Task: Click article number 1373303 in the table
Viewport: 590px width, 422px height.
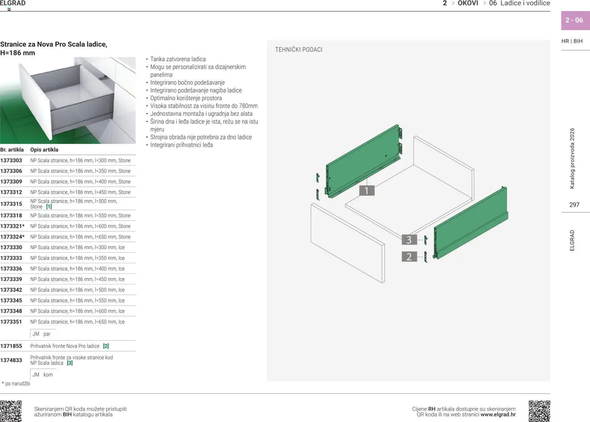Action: coord(11,160)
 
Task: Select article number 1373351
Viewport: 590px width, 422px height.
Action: coord(11,322)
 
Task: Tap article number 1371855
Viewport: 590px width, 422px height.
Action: coord(11,346)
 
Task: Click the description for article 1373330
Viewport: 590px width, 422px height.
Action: coord(77,248)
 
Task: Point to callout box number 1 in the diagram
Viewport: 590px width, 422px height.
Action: coord(367,190)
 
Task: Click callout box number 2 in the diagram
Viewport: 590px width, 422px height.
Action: coord(409,257)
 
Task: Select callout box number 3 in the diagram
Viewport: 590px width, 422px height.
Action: coord(409,240)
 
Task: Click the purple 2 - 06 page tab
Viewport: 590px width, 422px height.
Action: coord(574,20)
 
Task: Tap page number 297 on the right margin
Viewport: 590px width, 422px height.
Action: coord(574,205)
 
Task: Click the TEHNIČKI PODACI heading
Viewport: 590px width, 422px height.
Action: coord(298,50)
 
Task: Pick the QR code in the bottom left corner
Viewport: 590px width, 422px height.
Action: coord(11,411)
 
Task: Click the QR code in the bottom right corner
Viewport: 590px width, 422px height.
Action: coord(539,411)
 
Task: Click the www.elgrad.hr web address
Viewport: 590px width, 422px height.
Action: coord(498,415)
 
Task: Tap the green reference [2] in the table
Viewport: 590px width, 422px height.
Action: coord(106,346)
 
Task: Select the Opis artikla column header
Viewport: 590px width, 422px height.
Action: coord(44,150)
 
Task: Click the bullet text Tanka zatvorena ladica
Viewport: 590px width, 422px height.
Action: coord(178,59)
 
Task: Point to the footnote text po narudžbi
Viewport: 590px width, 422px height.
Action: coord(17,384)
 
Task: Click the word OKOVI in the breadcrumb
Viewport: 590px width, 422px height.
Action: coord(468,3)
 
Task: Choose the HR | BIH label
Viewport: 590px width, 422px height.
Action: coord(572,41)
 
